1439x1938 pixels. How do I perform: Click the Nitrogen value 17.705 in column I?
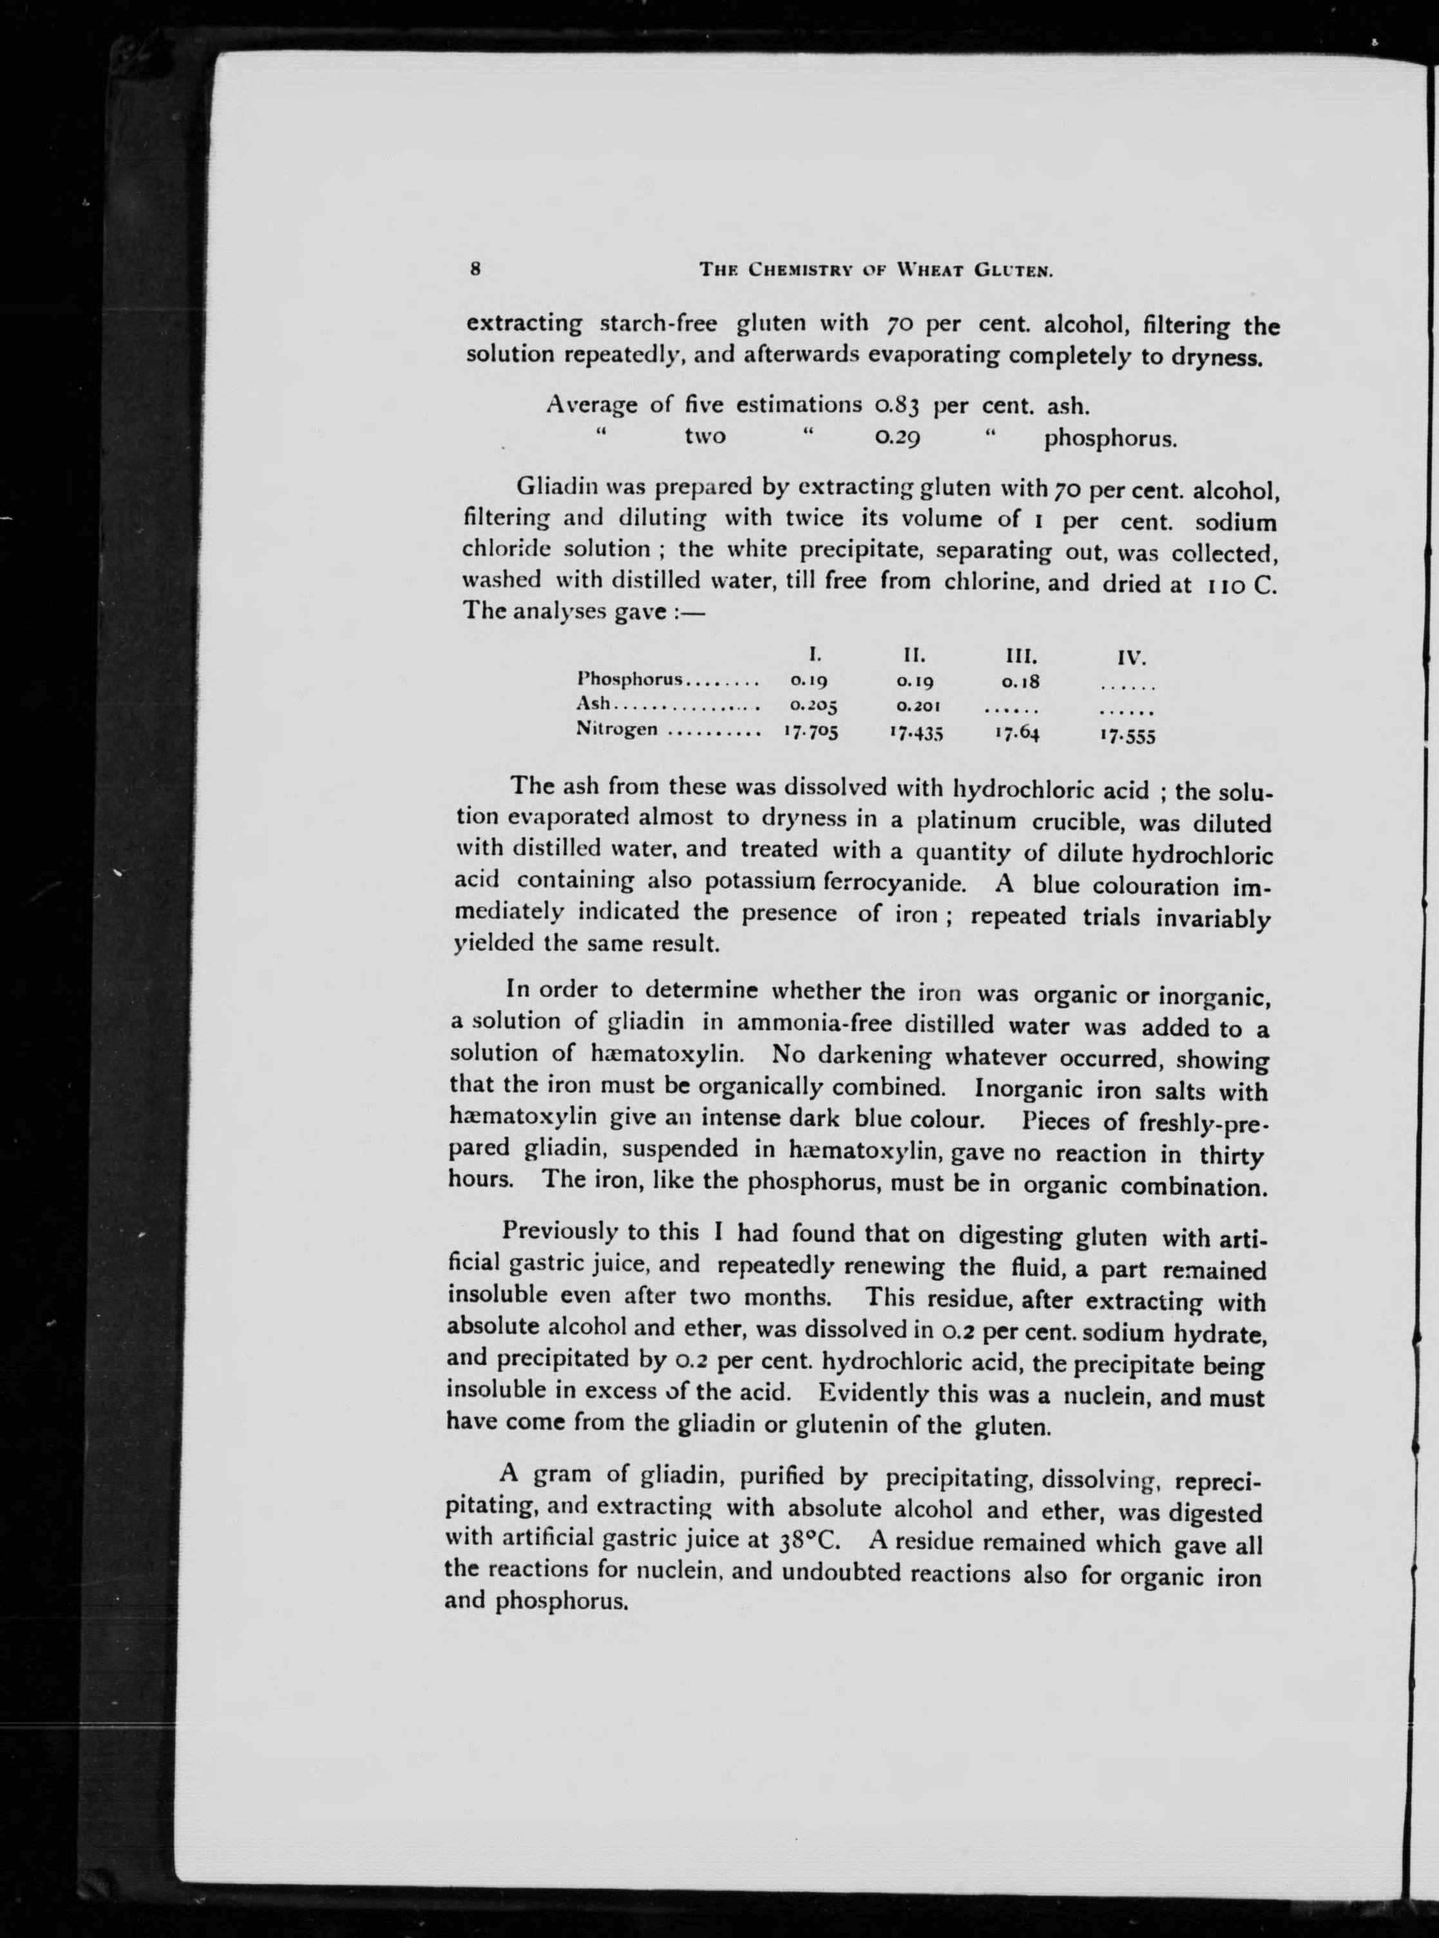[810, 732]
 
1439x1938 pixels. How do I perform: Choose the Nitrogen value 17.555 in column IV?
[1127, 736]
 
